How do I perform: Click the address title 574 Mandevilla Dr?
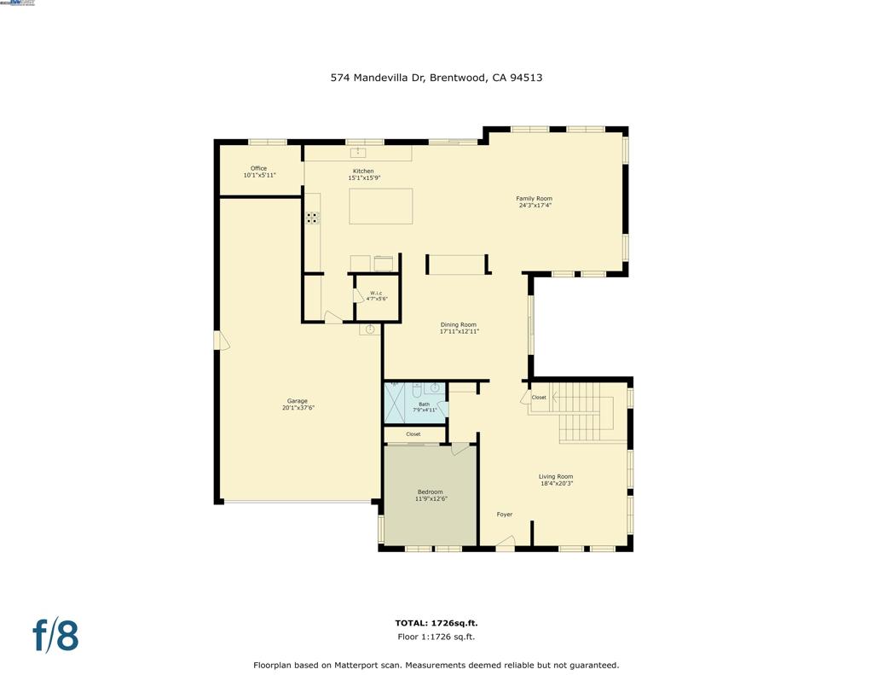(x=436, y=78)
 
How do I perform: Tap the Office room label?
(x=258, y=168)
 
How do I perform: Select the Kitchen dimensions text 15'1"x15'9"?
(x=363, y=178)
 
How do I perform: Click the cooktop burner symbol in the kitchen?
(x=312, y=218)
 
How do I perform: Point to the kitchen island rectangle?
(x=381, y=207)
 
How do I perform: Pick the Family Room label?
(x=534, y=199)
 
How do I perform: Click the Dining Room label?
(x=458, y=324)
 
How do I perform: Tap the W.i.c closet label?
(x=377, y=294)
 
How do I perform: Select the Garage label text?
(x=297, y=401)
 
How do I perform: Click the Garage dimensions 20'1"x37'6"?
(x=298, y=408)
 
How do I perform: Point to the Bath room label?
(x=424, y=404)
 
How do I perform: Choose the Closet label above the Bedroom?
(x=413, y=434)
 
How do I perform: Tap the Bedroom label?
(x=430, y=492)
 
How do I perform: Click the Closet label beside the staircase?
(x=539, y=398)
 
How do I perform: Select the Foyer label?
(x=505, y=515)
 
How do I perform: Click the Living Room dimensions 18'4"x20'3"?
(x=556, y=484)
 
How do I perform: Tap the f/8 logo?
(x=55, y=636)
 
